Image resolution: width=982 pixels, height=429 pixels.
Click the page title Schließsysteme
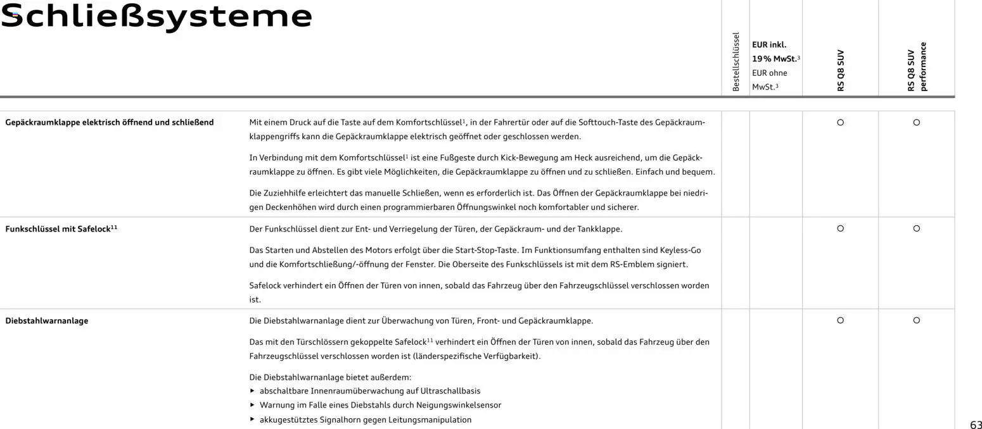pos(156,16)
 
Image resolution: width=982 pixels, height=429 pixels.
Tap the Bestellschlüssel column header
pos(736,62)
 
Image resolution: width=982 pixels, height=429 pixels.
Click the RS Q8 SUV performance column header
pos(916,66)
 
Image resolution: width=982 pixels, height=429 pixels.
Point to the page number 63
pos(976,425)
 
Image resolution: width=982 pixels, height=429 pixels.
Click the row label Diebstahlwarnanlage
pos(47,321)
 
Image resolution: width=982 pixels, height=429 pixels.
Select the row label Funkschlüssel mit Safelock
pos(61,229)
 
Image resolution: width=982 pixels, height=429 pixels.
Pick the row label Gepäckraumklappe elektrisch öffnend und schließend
pos(110,122)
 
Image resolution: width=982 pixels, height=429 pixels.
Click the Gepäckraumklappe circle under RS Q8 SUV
pos(840,122)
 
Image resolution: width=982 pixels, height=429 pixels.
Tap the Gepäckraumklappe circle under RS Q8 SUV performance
pos(916,122)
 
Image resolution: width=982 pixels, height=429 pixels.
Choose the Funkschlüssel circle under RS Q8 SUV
pos(840,228)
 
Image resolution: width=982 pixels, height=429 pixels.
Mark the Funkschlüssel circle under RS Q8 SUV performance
pos(916,228)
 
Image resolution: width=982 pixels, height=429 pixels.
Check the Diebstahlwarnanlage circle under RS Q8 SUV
pos(840,320)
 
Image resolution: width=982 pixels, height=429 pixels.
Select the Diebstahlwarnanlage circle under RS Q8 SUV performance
pos(916,320)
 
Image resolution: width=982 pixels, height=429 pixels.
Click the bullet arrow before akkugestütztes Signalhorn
pos(253,420)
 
